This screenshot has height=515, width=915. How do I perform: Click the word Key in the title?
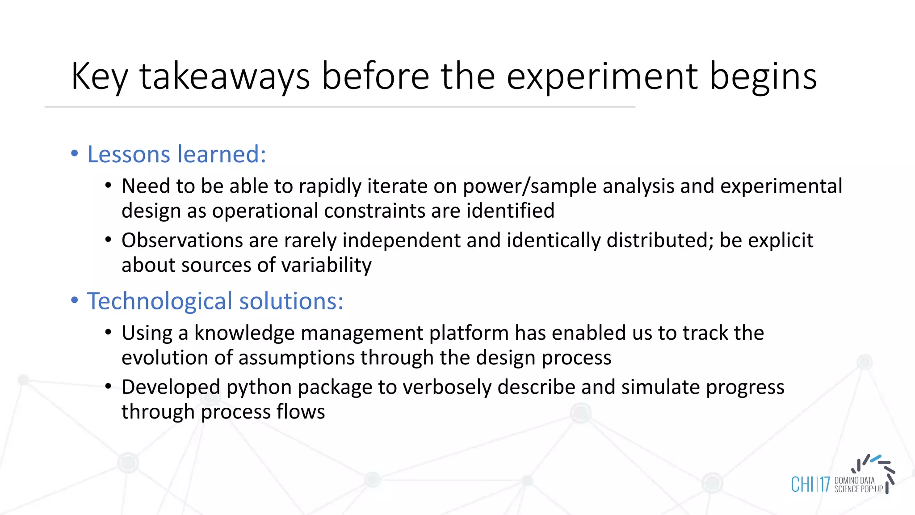99,77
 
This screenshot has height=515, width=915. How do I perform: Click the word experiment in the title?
601,77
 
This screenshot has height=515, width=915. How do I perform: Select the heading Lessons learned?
176,154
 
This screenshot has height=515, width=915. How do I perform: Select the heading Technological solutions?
215,301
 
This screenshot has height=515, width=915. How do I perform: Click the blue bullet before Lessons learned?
75,154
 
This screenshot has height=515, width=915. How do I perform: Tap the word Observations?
182,241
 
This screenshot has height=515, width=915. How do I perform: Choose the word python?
259,387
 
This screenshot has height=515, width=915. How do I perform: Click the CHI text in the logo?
802,485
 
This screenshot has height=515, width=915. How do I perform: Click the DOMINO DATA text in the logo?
854,481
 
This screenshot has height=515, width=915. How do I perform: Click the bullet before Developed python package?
108,386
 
